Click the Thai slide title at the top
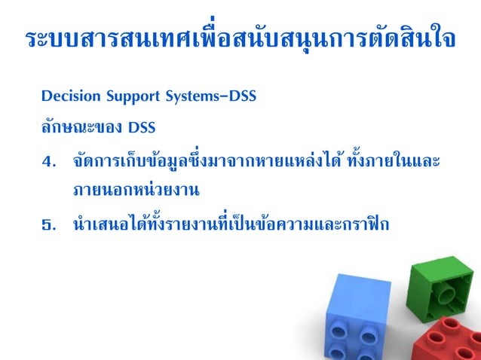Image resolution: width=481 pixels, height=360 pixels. point(240,38)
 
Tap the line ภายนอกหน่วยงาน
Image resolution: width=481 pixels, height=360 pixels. point(136,190)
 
